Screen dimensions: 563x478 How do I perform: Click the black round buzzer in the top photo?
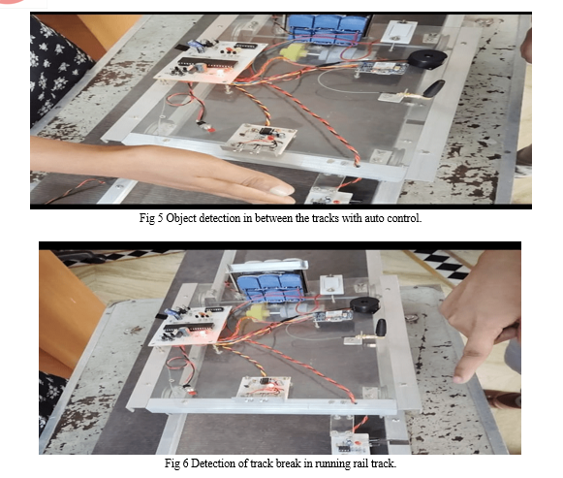[427, 58]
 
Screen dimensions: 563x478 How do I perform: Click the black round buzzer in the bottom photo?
[364, 304]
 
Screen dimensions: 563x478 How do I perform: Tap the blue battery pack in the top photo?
[327, 28]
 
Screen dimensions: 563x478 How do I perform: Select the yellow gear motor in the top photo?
[292, 52]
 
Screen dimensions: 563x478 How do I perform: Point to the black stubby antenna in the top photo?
[434, 88]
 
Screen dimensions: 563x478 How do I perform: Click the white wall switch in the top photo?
[399, 32]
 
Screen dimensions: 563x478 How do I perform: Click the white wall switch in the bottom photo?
[331, 284]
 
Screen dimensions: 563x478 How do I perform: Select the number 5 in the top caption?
[160, 218]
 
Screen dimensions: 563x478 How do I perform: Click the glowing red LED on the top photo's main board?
[218, 73]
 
